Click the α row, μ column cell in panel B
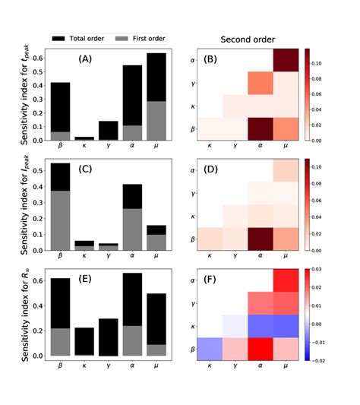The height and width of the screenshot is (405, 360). point(283,60)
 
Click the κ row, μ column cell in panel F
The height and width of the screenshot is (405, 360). point(283,324)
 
